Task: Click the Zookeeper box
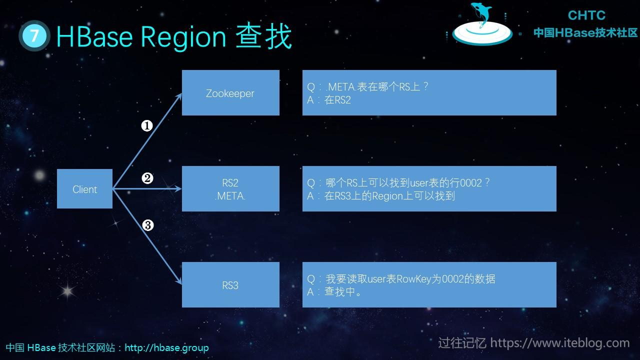230,93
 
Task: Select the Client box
84,189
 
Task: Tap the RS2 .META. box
230,189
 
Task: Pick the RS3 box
230,285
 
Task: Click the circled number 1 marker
146,126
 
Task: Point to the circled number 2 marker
147,178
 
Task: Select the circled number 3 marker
147,225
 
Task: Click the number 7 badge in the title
34,36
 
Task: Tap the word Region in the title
183,36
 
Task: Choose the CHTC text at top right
586,15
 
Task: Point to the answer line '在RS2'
337,100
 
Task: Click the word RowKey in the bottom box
414,279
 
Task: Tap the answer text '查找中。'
343,292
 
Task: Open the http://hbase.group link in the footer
166,347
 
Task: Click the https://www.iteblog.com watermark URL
559,343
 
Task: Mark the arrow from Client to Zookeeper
148,140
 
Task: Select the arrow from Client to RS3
148,238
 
